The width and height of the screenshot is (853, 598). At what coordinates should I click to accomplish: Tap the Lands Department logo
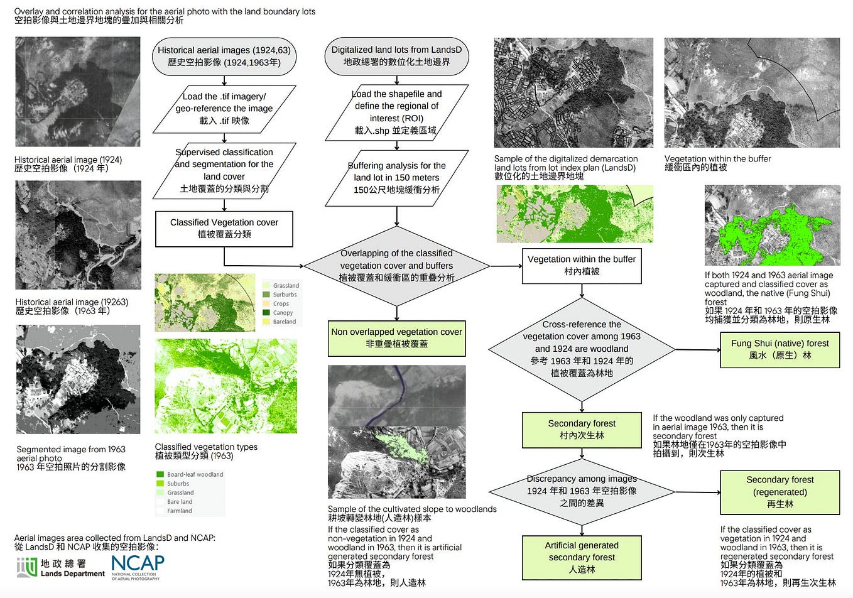pyautogui.click(x=60, y=567)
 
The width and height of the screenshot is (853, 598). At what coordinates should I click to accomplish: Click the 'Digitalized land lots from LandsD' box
pyautogui.click(x=396, y=56)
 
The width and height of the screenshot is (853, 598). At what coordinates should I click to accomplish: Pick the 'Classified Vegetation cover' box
pyautogui.click(x=224, y=229)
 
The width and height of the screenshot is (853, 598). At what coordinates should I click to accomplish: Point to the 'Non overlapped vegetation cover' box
pyautogui.click(x=396, y=338)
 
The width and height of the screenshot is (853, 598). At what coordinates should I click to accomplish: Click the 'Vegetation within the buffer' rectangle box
pyautogui.click(x=581, y=265)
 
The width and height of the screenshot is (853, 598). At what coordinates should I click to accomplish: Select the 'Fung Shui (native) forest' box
pyautogui.click(x=780, y=349)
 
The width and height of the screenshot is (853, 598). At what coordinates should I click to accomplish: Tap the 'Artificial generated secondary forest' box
pyautogui.click(x=581, y=557)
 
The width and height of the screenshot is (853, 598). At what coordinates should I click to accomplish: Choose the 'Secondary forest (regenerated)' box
pyautogui.click(x=780, y=492)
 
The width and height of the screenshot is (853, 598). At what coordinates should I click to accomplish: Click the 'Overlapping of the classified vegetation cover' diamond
pyautogui.click(x=396, y=266)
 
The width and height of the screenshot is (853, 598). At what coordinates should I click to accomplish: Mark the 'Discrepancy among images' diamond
pyautogui.click(x=581, y=491)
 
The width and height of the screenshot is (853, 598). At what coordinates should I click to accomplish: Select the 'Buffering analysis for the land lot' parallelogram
pyautogui.click(x=396, y=178)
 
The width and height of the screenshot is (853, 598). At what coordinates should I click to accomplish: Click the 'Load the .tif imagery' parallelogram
pyautogui.click(x=224, y=109)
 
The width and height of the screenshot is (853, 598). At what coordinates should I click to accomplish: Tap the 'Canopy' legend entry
pyautogui.click(x=282, y=313)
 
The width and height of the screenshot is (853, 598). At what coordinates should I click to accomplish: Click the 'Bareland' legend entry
pyautogui.click(x=283, y=322)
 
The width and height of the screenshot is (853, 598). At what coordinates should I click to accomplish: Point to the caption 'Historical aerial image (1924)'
pyautogui.click(x=68, y=160)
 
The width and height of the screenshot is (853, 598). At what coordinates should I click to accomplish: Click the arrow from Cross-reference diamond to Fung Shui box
pyautogui.click(x=697, y=350)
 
